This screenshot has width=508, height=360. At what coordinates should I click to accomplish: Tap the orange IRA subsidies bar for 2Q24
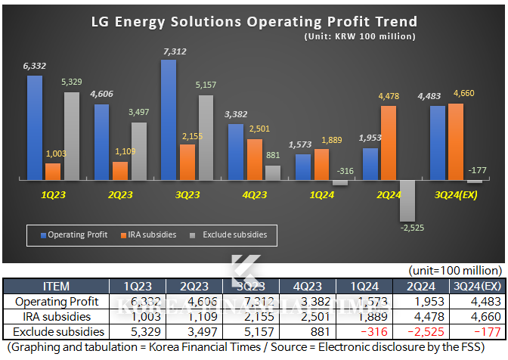[388, 142]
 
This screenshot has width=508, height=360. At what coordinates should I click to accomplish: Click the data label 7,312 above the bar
[169, 51]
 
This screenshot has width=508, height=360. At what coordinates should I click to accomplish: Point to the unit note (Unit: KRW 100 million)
[360, 36]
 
